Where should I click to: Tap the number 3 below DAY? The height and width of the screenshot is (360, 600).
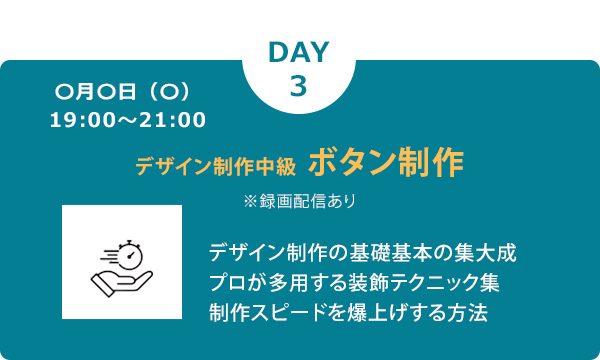click(x=299, y=86)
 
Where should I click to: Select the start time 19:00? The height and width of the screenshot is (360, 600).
click(x=79, y=121)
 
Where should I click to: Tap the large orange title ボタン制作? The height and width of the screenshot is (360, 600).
click(x=386, y=162)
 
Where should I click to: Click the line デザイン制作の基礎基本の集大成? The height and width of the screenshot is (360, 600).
click(x=363, y=250)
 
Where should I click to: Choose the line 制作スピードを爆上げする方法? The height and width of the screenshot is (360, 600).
click(x=349, y=312)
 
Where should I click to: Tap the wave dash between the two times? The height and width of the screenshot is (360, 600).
click(x=127, y=121)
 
